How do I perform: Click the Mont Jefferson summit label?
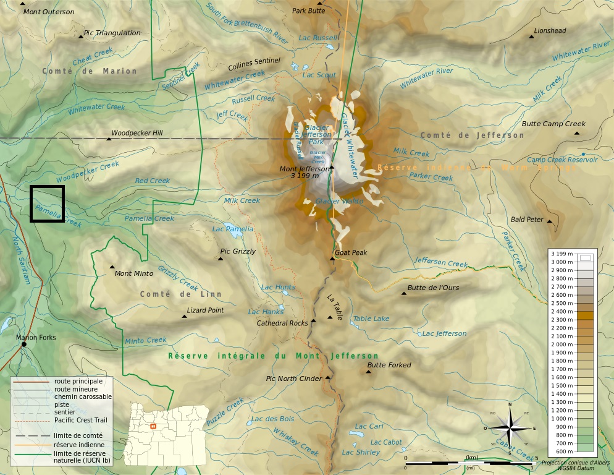click(305, 169)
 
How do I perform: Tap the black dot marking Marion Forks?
click(24, 344)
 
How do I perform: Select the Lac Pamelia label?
click(233, 229)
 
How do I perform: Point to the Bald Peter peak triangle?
click(550, 221)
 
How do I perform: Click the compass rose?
click(510, 428)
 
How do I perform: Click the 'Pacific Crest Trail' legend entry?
click(81, 420)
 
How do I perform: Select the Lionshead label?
click(550, 30)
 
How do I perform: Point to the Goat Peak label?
click(351, 252)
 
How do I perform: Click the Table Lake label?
click(371, 319)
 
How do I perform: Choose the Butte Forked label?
click(389, 365)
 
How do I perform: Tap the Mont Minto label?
click(134, 273)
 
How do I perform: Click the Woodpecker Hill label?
click(137, 133)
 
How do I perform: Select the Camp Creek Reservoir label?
click(562, 160)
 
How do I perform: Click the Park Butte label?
click(308, 11)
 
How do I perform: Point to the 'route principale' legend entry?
click(78, 381)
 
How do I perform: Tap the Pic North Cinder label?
click(293, 379)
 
